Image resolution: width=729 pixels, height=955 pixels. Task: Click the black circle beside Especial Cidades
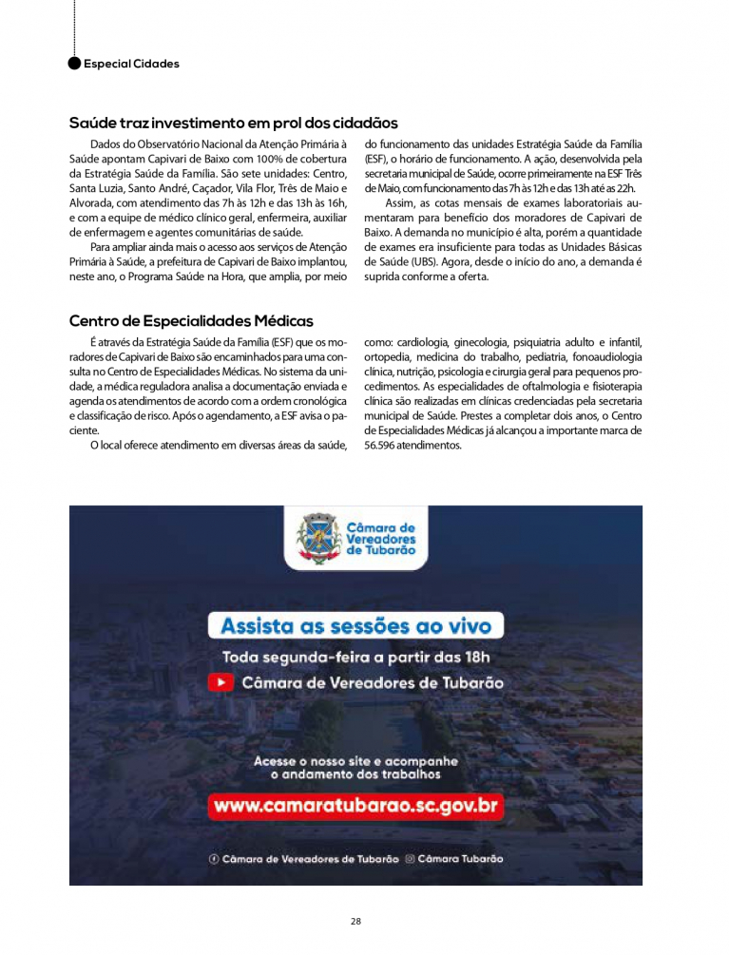tap(75, 64)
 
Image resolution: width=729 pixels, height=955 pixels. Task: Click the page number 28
tap(355, 921)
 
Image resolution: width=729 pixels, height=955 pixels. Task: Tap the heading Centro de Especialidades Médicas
tap(191, 321)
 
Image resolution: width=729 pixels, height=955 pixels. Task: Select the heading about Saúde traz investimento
tap(233, 124)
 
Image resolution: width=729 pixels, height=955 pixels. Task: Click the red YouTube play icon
tap(221, 682)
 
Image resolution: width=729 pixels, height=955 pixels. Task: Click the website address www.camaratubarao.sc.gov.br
tap(356, 807)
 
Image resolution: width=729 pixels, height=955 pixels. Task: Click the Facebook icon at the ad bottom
tap(214, 859)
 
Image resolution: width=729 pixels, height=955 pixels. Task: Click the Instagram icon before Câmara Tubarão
tap(411, 859)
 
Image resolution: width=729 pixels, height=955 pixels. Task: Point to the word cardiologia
tap(420, 342)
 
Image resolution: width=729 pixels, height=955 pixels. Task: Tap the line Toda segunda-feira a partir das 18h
tap(356, 657)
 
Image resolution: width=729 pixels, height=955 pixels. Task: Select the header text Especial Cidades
tap(131, 64)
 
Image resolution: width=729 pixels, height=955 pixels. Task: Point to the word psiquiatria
tap(538, 342)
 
